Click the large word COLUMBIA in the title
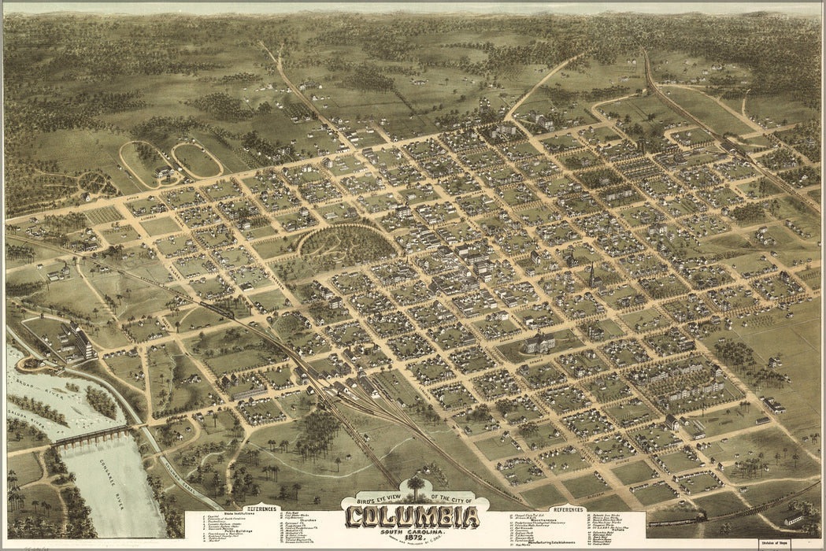(x=413, y=517)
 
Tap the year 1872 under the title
(x=413, y=534)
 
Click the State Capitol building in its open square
(x=539, y=342)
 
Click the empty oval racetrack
(x=197, y=160)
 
